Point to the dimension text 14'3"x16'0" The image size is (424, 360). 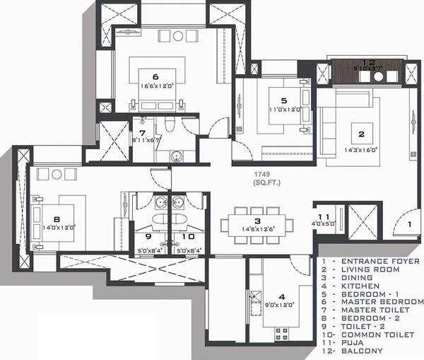(x=361, y=149)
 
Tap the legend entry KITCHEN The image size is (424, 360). (x=358, y=286)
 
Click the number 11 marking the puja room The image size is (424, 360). (x=324, y=217)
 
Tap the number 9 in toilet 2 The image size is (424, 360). (x=148, y=237)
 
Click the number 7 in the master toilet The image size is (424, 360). (x=141, y=132)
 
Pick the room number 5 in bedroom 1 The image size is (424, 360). (x=283, y=100)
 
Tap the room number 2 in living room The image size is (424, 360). (x=360, y=134)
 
